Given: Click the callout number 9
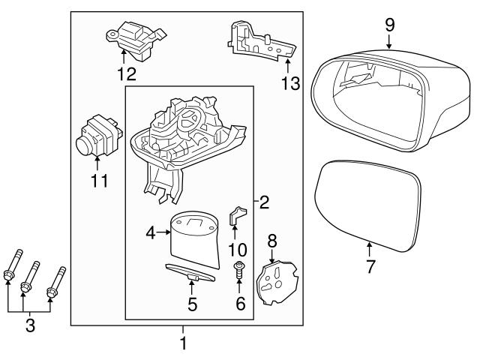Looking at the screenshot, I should click(389, 25).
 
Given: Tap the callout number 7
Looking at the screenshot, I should click(370, 266).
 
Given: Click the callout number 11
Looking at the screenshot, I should click(99, 181).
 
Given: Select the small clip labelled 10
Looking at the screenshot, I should click(235, 217).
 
